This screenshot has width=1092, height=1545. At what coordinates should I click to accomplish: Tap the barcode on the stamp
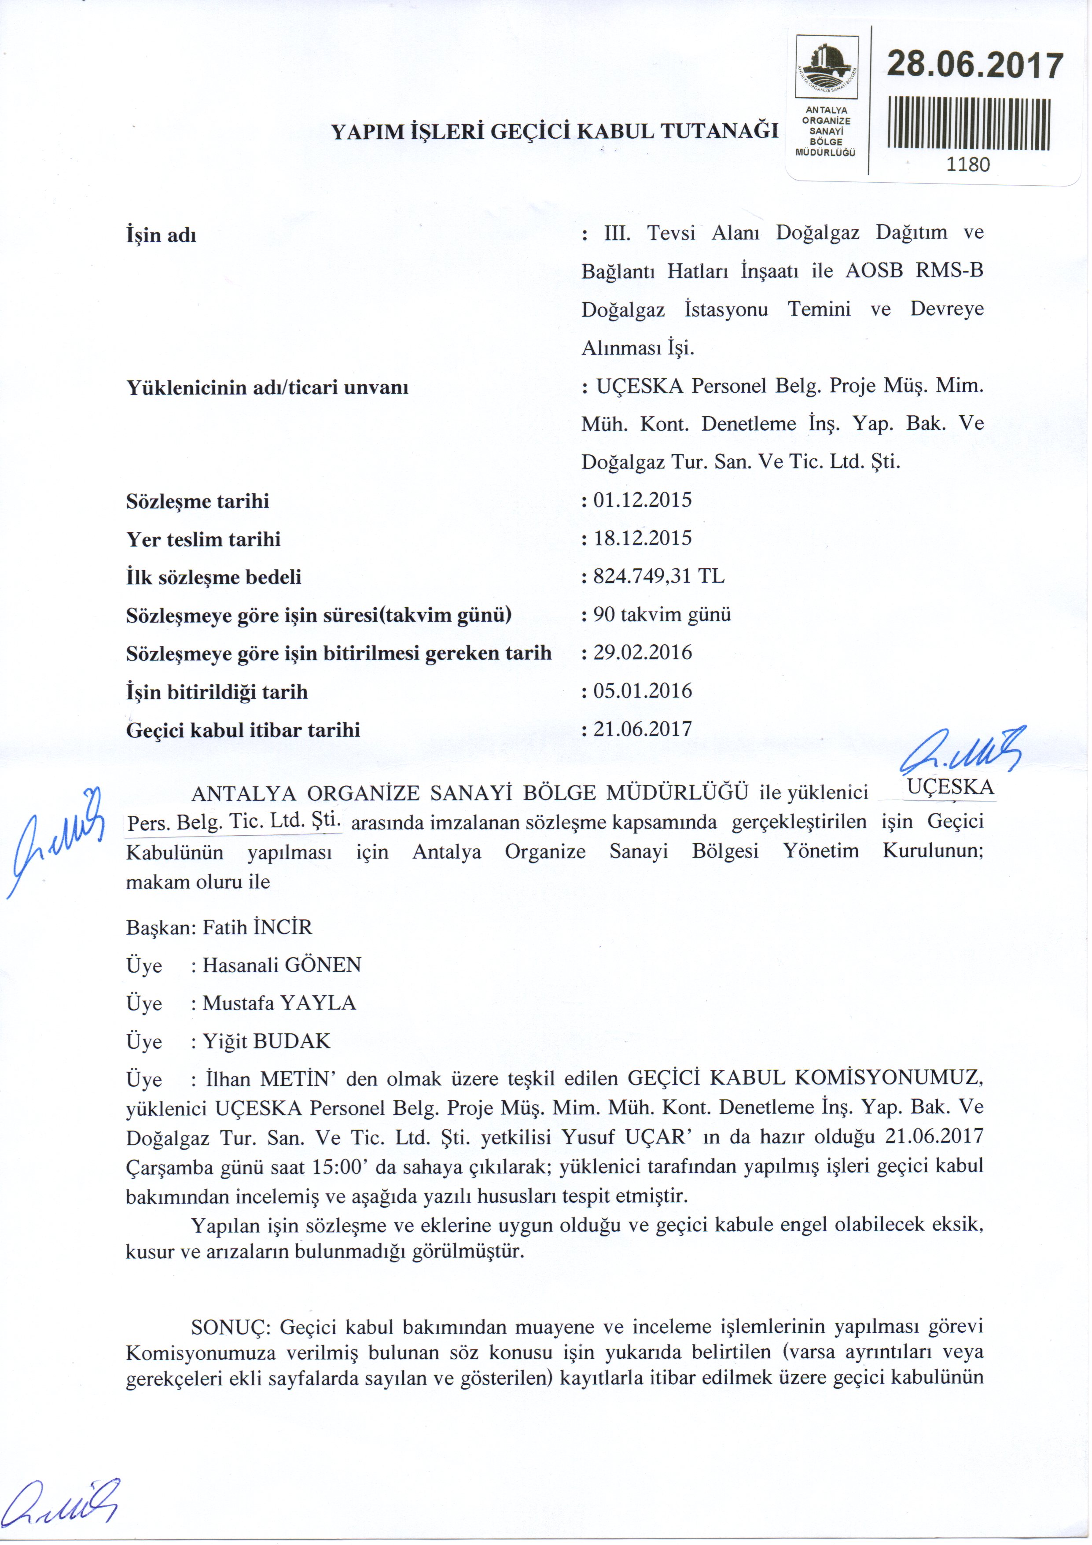click(x=969, y=124)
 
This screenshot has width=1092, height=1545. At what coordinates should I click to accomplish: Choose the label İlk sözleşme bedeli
click(x=213, y=577)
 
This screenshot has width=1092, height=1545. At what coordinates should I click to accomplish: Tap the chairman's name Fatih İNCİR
click(x=257, y=928)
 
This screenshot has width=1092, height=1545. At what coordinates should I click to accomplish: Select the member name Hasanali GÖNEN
click(x=282, y=966)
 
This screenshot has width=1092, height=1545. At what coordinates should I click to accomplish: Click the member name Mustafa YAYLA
click(x=279, y=1003)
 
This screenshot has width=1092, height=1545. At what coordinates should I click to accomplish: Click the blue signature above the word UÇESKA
click(x=962, y=751)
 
